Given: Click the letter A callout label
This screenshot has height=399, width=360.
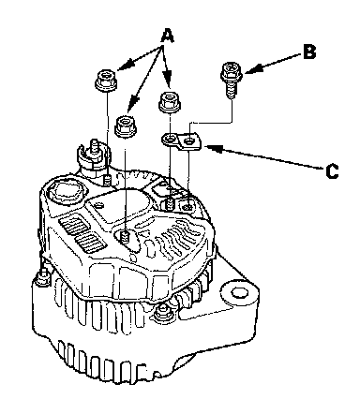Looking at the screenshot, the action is pyautogui.click(x=167, y=35).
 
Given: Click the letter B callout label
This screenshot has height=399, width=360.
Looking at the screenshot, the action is pyautogui.click(x=309, y=52).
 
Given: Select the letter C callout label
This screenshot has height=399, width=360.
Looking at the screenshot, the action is pyautogui.click(x=332, y=170).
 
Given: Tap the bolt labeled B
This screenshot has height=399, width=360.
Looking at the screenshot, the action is pyautogui.click(x=232, y=80).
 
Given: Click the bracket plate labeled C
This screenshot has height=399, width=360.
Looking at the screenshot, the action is pyautogui.click(x=182, y=142).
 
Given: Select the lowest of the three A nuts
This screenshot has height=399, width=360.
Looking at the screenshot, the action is pyautogui.click(x=126, y=126).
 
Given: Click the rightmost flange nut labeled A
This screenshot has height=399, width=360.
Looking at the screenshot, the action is pyautogui.click(x=170, y=101).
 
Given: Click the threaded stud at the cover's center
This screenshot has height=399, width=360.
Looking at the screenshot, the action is pyautogui.click(x=126, y=237).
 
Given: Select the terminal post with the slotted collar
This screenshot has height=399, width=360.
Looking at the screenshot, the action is pyautogui.click(x=94, y=156).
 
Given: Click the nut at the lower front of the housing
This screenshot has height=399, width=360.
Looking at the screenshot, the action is pyautogui.click(x=162, y=313).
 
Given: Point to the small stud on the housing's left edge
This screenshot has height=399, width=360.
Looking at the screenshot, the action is pyautogui.click(x=42, y=276).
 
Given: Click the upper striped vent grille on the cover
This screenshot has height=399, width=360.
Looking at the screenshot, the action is pyautogui.click(x=74, y=225).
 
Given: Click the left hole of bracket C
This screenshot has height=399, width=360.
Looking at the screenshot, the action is pyautogui.click(x=170, y=139).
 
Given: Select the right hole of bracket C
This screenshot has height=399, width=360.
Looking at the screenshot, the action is pyautogui.click(x=188, y=141).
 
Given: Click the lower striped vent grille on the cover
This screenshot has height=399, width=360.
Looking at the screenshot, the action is pyautogui.click(x=90, y=242).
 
